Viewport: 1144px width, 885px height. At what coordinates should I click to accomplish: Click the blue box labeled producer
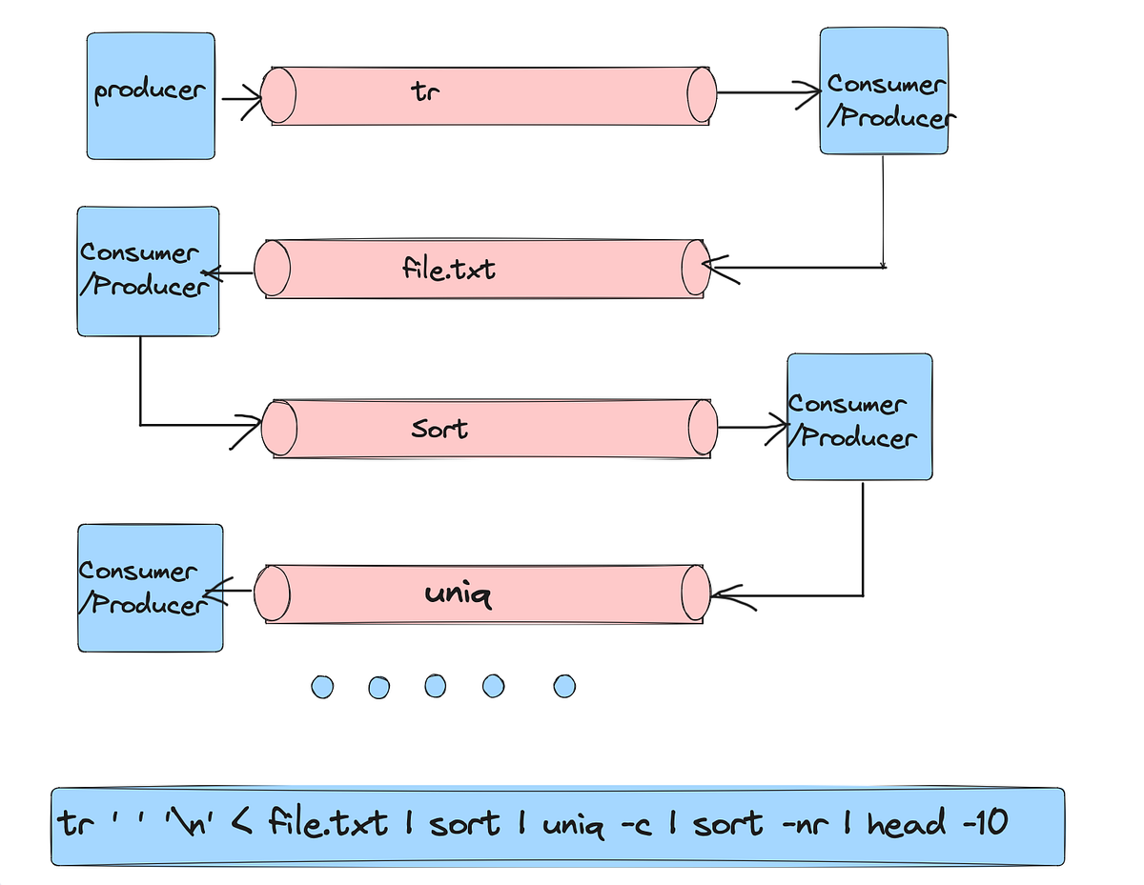tap(151, 95)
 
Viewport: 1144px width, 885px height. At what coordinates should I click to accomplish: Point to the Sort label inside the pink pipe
tap(439, 428)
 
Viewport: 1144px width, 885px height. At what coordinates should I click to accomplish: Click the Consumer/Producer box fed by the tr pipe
tap(884, 91)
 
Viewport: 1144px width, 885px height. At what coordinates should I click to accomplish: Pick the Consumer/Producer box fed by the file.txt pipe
tap(148, 271)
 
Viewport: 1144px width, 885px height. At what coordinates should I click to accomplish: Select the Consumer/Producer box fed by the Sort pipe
tap(859, 417)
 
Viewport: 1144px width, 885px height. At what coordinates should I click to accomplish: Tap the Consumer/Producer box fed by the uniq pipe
tap(150, 588)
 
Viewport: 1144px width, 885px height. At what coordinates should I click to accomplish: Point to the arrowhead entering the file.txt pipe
tap(716, 267)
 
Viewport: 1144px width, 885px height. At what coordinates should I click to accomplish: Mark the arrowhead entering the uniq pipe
tap(720, 596)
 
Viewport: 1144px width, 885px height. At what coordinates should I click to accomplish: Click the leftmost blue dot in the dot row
tap(322, 686)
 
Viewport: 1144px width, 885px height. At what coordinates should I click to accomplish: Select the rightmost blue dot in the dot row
tap(564, 686)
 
